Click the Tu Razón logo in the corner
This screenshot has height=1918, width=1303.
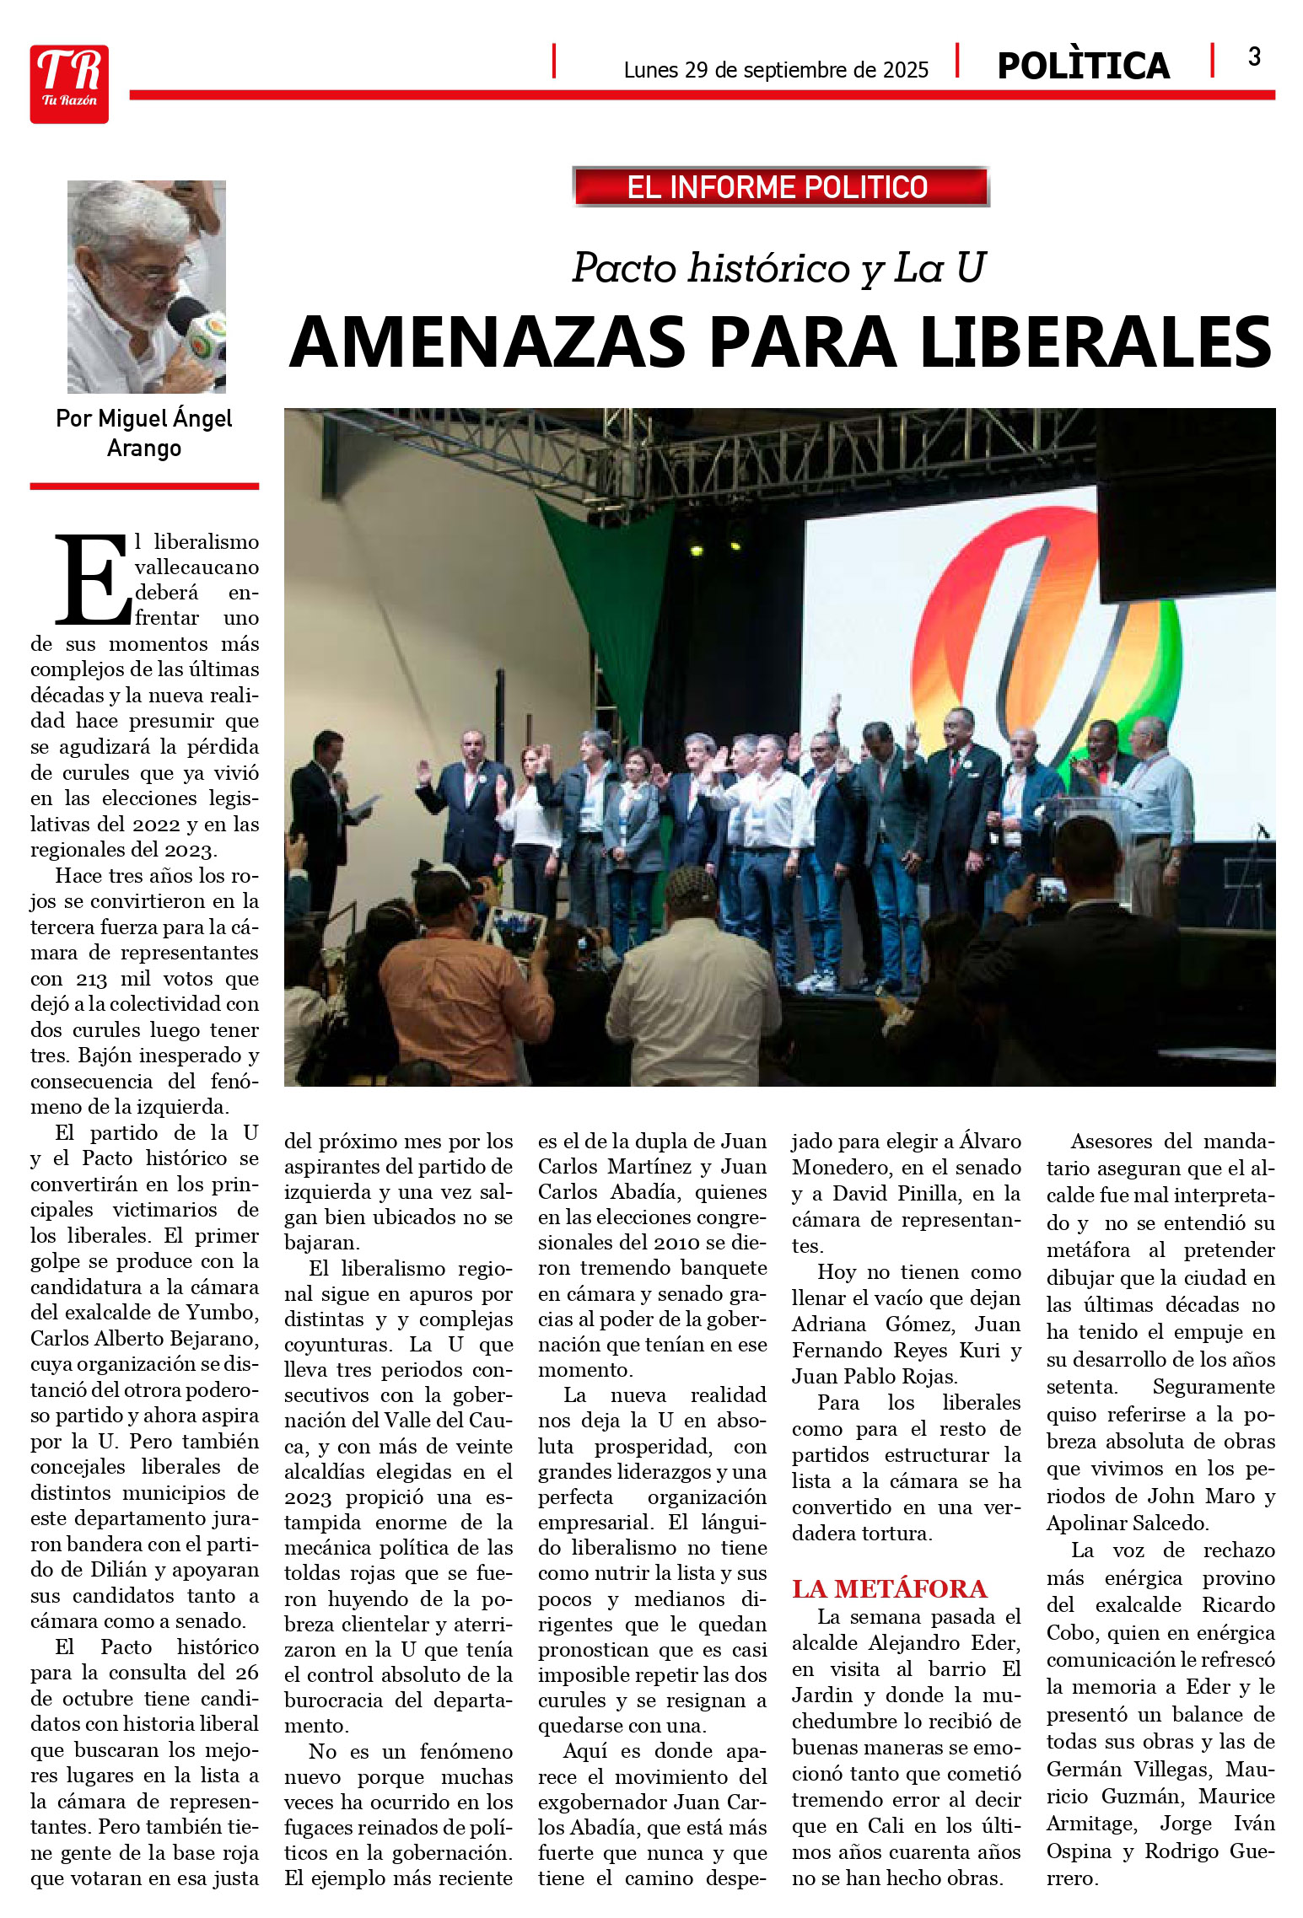pos(69,84)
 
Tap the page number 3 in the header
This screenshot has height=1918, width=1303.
pos(1254,57)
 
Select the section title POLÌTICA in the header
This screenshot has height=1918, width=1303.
pos(1083,67)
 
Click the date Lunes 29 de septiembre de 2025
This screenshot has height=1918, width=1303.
pos(775,70)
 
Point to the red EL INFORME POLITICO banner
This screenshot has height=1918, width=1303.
pos(779,186)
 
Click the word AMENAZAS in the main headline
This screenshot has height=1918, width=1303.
pos(487,342)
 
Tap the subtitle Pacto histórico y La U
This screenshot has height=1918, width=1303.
pos(778,268)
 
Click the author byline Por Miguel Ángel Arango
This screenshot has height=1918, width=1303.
pos(144,432)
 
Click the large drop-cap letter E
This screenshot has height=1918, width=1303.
pos(93,580)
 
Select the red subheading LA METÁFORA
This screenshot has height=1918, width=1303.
pos(889,1589)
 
